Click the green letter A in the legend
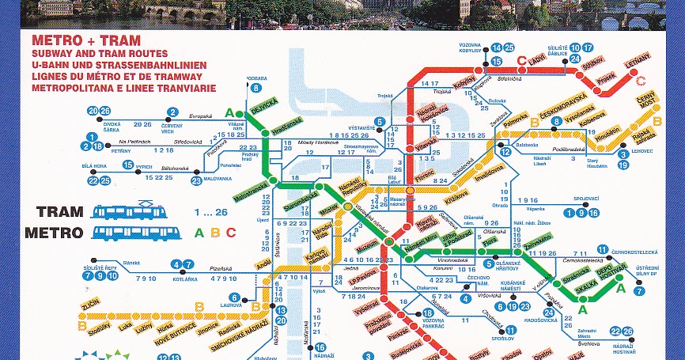tap(199, 233)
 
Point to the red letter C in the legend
tap(231, 233)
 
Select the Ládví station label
tap(538, 59)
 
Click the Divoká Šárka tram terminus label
tap(111, 128)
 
